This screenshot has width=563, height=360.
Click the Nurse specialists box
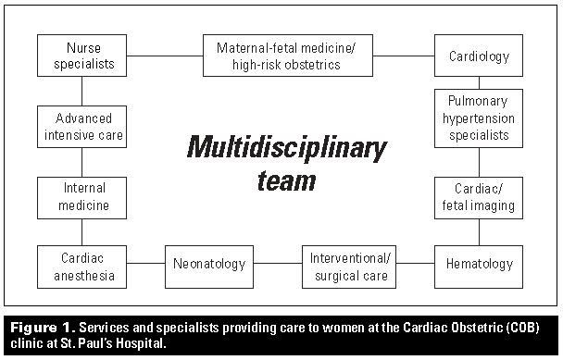(x=81, y=55)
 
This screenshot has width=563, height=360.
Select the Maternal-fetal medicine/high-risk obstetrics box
(x=278, y=55)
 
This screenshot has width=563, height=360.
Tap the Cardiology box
(x=479, y=55)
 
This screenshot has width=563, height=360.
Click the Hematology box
(x=479, y=264)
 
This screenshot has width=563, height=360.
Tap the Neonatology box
(x=209, y=264)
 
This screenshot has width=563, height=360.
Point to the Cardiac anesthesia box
(x=81, y=264)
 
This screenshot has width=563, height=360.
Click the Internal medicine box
(x=81, y=197)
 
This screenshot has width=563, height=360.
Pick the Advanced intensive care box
(x=81, y=126)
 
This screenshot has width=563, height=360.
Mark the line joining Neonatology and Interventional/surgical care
(x=278, y=264)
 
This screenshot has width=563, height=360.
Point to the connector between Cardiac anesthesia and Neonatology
(x=145, y=264)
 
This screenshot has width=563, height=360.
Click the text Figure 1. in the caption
(x=41, y=328)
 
